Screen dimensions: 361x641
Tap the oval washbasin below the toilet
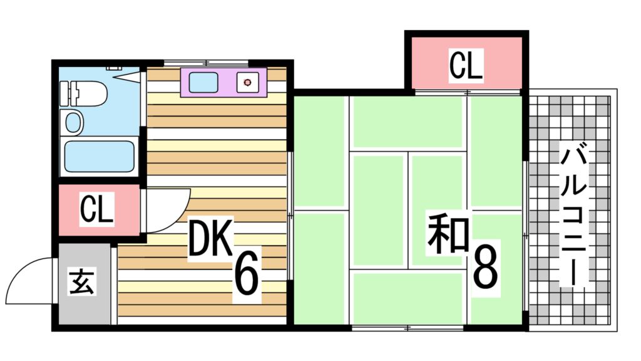click(x=74, y=122)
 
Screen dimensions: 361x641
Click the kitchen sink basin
click(x=203, y=82)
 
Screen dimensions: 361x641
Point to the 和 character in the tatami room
click(x=448, y=234)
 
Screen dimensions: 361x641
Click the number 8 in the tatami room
click(x=485, y=266)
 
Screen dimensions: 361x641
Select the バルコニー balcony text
click(x=573, y=214)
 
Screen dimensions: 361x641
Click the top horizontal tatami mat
click(x=408, y=122)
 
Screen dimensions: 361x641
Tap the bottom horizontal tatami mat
click(x=408, y=298)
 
